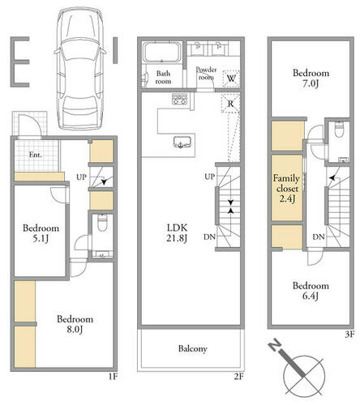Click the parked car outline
click(80, 68)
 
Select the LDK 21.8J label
click(177, 233)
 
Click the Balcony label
click(193, 348)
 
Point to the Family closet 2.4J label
click(286, 188)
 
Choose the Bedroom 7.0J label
click(311, 78)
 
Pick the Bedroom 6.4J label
click(311, 291)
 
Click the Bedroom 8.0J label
click(75, 324)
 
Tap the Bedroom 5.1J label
click(41, 233)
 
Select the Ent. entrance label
click(36, 155)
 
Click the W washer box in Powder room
click(231, 79)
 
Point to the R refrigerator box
click(230, 104)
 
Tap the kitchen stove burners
click(179, 99)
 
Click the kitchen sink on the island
click(182, 142)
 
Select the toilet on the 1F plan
click(102, 223)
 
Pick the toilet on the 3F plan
click(339, 130)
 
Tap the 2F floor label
click(239, 376)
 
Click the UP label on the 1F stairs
click(81, 177)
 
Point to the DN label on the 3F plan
click(319, 237)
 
